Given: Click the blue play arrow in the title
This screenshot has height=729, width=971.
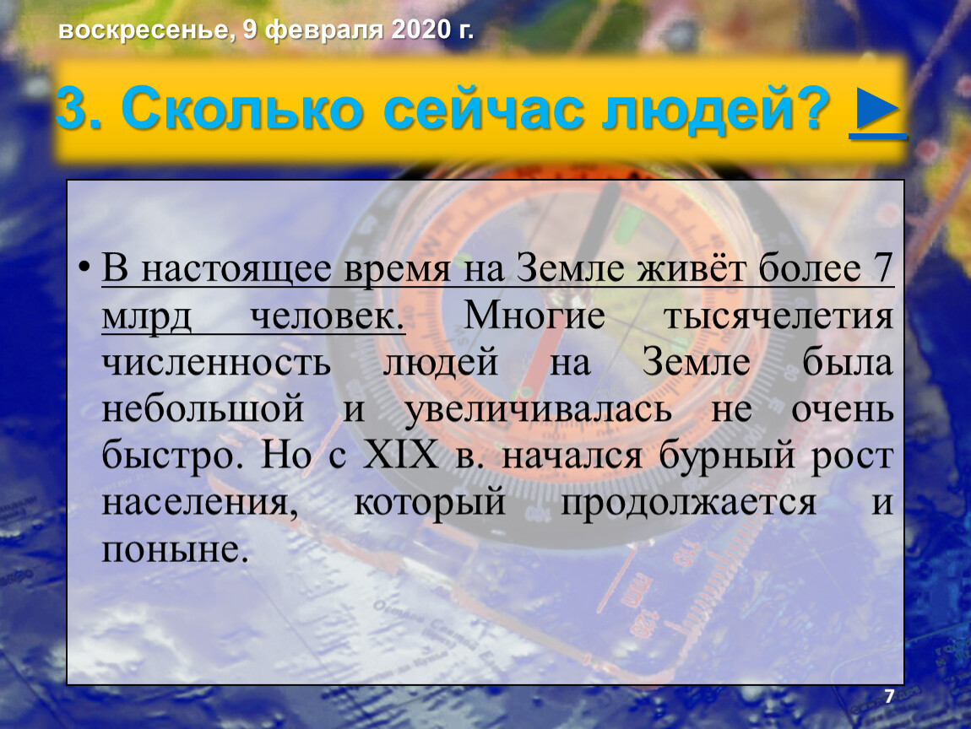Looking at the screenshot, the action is pyautogui.click(x=877, y=109).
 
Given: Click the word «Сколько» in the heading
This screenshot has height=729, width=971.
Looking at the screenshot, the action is pyautogui.click(x=241, y=109).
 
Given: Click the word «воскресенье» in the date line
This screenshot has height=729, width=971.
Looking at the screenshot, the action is pyautogui.click(x=146, y=30).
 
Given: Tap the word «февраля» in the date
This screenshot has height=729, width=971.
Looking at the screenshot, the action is pyautogui.click(x=323, y=30).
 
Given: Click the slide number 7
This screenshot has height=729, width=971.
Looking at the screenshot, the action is pyautogui.click(x=888, y=696).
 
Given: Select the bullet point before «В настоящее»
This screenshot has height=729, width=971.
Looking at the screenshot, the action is pyautogui.click(x=84, y=268).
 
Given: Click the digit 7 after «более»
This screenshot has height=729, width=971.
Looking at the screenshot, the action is pyautogui.click(x=881, y=268).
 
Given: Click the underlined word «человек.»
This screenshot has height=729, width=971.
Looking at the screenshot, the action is pyautogui.click(x=328, y=317).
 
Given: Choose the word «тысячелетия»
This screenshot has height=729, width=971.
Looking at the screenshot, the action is pyautogui.click(x=778, y=317).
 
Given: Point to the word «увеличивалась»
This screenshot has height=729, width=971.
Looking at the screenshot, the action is pyautogui.click(x=538, y=410).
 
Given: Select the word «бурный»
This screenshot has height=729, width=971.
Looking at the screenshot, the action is pyautogui.click(x=727, y=456).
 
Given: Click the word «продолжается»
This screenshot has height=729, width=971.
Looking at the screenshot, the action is pyautogui.click(x=688, y=503).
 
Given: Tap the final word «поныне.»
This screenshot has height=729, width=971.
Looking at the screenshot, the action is pyautogui.click(x=176, y=549).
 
